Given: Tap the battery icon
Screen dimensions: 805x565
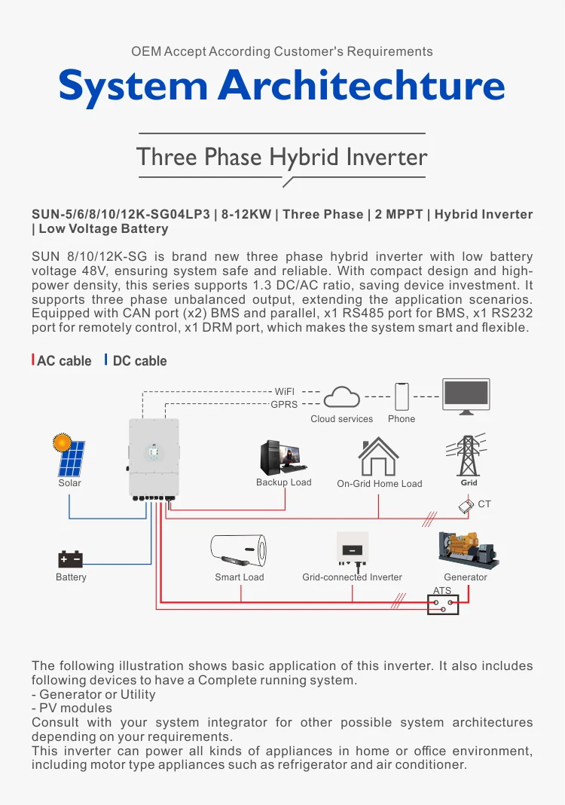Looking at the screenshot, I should tap(71, 559).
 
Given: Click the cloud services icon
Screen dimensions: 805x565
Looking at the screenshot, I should tap(342, 397).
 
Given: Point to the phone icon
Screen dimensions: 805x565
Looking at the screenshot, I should tap(402, 396).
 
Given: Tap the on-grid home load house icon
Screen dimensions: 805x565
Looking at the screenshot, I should tap(378, 456).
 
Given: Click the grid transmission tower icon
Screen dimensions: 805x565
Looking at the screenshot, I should tap(469, 455).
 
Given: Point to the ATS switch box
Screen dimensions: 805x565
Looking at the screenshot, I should tap(442, 604).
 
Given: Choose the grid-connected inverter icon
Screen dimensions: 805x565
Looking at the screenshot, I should tap(352, 551).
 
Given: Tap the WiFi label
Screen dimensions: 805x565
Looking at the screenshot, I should tap(284, 392).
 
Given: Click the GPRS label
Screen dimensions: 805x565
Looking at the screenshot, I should tap(284, 405).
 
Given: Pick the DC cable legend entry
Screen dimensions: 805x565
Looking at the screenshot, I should tap(138, 361).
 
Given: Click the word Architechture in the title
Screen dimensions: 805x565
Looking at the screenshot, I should tap(362, 87).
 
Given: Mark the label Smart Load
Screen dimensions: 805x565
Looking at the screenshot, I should tap(240, 577).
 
